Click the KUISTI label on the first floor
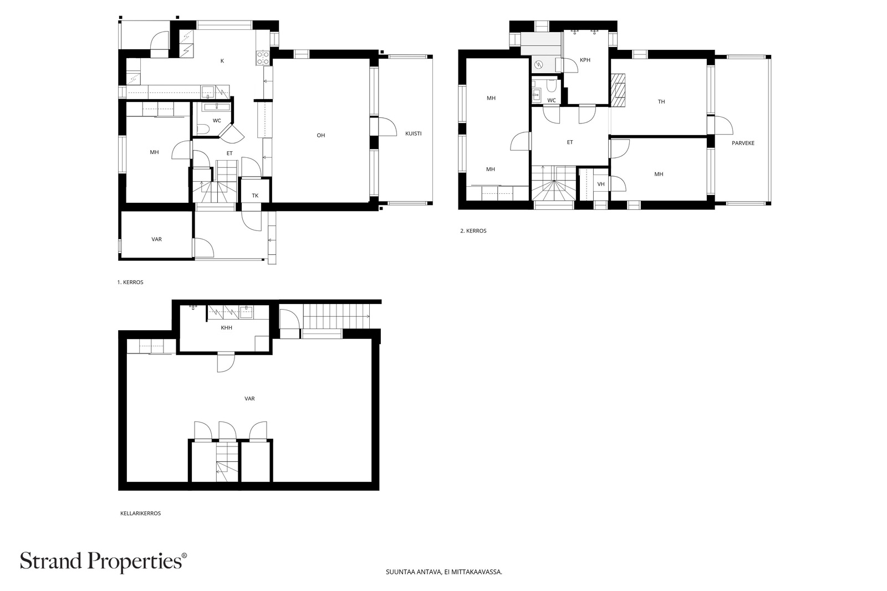click(x=413, y=133)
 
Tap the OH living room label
click(x=321, y=135)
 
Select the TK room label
click(x=255, y=196)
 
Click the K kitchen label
click(x=222, y=61)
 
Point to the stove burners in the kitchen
click(x=263, y=58)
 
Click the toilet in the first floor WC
click(x=203, y=129)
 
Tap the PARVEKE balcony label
click(x=743, y=143)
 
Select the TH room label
click(x=661, y=102)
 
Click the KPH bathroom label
click(x=585, y=60)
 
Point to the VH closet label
click(x=601, y=184)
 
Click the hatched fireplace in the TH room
click(x=618, y=91)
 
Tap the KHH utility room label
click(x=227, y=327)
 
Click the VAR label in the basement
click(x=249, y=399)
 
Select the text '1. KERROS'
click(x=130, y=282)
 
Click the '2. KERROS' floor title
click(x=473, y=231)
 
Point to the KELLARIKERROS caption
click(x=141, y=513)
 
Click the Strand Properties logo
click(x=103, y=562)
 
